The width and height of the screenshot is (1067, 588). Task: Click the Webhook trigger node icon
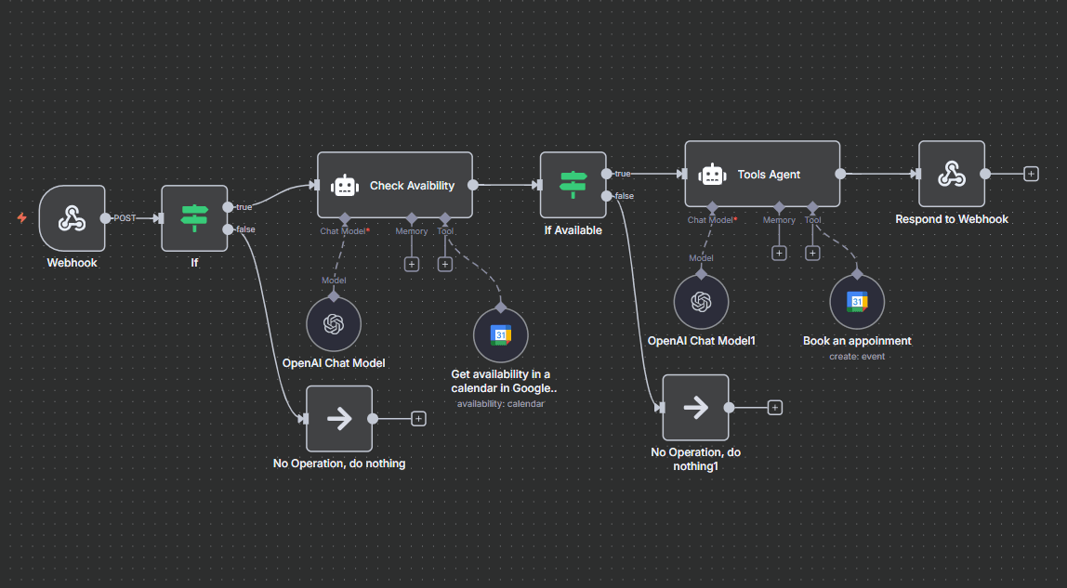click(72, 218)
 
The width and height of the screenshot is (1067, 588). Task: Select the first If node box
click(194, 218)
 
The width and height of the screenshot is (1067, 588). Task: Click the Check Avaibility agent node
click(395, 185)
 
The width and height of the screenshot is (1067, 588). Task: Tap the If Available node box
click(573, 185)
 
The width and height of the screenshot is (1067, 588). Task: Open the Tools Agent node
click(762, 174)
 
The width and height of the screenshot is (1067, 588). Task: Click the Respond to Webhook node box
click(951, 174)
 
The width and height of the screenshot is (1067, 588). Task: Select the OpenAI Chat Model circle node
click(334, 324)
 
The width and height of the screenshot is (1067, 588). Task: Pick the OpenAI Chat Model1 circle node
click(701, 302)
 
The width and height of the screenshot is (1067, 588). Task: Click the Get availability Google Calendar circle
click(500, 335)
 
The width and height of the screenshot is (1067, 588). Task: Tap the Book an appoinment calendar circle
click(857, 302)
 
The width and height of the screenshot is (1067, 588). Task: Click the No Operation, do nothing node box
click(338, 419)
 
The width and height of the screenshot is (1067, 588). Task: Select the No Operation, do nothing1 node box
click(695, 408)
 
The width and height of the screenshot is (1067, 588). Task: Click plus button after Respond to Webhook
click(1031, 174)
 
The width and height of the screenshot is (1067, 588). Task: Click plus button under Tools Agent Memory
click(779, 253)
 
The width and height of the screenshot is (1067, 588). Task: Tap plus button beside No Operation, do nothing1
click(775, 408)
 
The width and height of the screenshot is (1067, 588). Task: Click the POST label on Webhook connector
click(125, 218)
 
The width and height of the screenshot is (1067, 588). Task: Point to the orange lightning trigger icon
click(21, 218)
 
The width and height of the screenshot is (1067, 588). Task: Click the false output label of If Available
click(625, 196)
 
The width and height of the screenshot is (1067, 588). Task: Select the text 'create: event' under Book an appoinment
click(857, 357)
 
